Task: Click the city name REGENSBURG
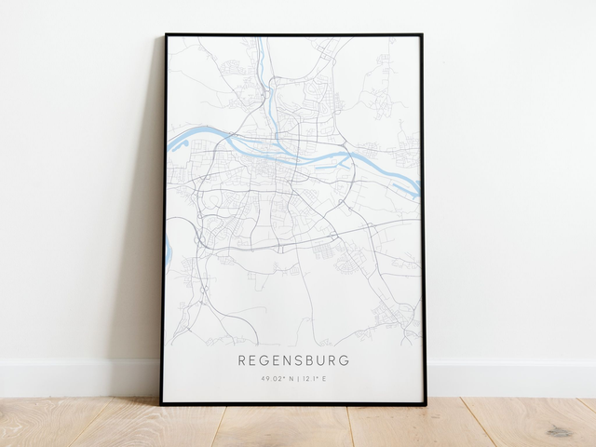294,359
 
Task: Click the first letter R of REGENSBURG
241,359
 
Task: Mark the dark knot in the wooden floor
559,431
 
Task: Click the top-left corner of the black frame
166,35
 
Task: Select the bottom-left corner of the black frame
161,403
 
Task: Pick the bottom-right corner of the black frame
425,403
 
